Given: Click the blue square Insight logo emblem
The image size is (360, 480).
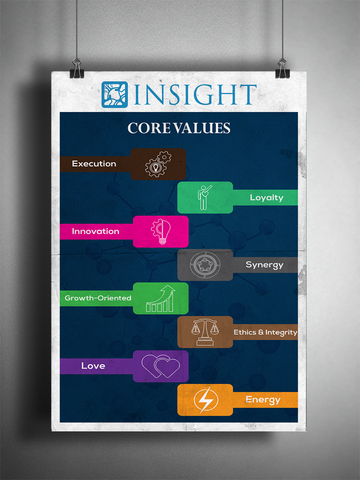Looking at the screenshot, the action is [115, 94].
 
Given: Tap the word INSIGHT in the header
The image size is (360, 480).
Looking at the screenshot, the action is [195, 94].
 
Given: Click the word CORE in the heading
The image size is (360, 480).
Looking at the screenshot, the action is [149, 128].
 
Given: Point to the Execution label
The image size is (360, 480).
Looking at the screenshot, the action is [94, 164].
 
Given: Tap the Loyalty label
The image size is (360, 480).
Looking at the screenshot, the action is [267, 198].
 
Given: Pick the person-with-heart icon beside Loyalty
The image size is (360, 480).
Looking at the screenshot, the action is [204, 197].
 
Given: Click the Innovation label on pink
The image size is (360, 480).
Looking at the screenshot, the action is [95, 231].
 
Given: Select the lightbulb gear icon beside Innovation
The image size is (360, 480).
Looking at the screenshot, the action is [161, 232].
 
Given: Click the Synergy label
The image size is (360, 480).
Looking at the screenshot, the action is [265, 265].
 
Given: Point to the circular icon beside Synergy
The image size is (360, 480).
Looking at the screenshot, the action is [205, 265].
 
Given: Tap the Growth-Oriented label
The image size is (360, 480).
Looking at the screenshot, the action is [98, 298].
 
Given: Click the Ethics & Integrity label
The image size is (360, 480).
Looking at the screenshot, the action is [265, 332].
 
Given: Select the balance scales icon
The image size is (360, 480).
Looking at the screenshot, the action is [205, 332].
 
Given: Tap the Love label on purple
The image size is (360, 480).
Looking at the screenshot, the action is [93, 366].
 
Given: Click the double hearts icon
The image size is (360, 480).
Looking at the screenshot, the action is [161, 366].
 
